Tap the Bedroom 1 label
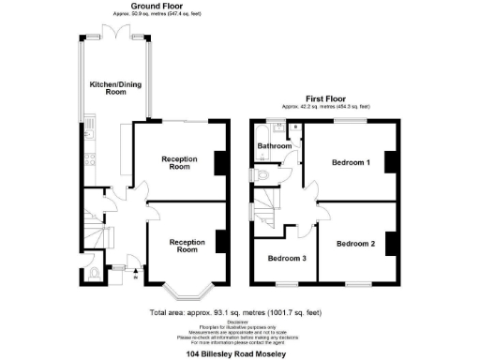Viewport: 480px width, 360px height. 351,162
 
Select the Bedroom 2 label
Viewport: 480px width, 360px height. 355,244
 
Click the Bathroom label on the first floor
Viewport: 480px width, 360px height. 274,146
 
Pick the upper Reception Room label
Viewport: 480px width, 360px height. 178,163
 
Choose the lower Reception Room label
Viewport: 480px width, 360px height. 187,246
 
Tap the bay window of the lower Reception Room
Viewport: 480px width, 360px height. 187,287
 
